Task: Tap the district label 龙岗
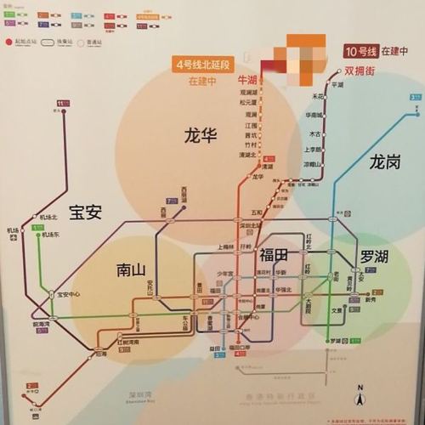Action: pos(384,161)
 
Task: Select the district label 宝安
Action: pos(85,212)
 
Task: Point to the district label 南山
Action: pos(133,270)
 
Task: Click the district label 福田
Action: pos(274,254)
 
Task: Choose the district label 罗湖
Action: pos(373,256)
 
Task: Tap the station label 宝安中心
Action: pos(69,295)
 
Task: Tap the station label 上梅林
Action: pos(225,246)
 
